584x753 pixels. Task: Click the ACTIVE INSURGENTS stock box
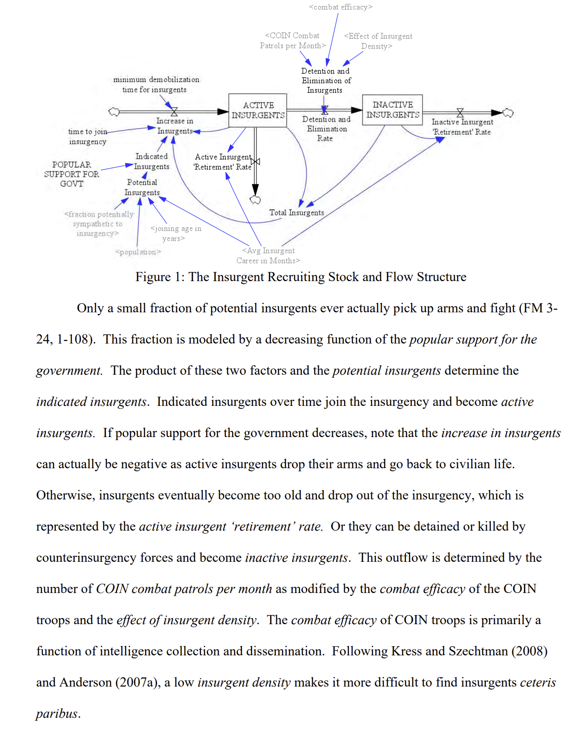coord(258,110)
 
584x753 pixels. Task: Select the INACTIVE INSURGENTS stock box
coord(393,110)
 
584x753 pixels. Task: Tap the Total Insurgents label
coord(297,212)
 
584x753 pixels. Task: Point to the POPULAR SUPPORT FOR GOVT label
coord(71,174)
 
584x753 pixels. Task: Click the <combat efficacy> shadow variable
coord(341,7)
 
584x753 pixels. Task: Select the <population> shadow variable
coord(138,252)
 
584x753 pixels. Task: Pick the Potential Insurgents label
coord(142,187)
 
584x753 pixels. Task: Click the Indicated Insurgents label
coord(152,161)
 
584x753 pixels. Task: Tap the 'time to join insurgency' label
coord(88,136)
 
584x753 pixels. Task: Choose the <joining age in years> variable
coord(176,233)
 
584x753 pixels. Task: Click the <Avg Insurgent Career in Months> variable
coord(268,255)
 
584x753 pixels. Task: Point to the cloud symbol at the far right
coord(508,113)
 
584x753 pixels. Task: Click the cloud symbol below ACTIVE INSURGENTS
coord(256,200)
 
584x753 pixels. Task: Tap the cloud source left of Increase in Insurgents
coord(114,112)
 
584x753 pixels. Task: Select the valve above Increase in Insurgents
coord(174,111)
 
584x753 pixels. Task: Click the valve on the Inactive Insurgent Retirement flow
coord(460,112)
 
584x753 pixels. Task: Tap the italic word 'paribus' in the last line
coord(57,713)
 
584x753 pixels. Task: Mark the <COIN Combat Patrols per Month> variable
coord(293,41)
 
